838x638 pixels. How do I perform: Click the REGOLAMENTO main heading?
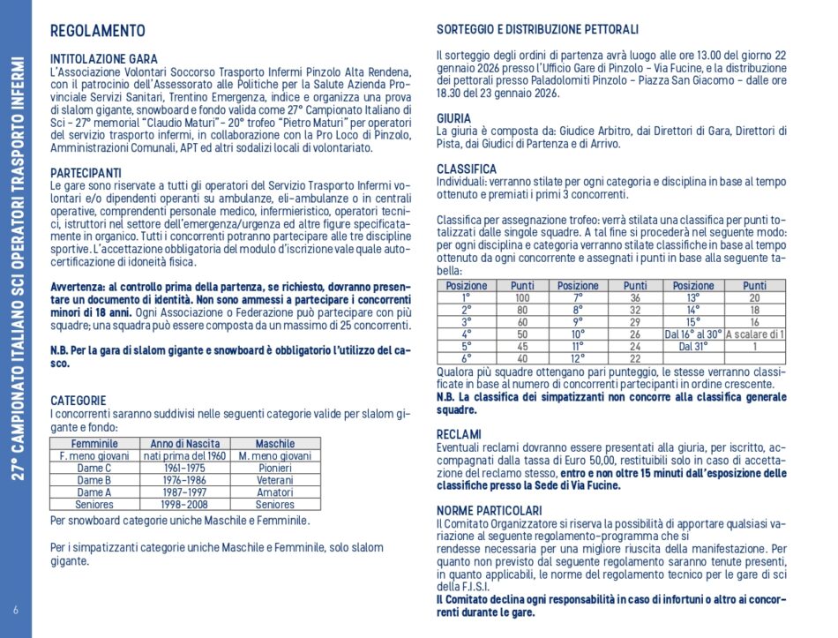[98, 32]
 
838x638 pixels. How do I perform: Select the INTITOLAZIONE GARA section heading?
[104, 60]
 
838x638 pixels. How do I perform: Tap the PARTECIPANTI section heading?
[86, 173]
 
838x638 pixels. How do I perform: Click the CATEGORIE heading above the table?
[79, 400]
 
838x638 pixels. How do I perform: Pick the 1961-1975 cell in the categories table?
[185, 468]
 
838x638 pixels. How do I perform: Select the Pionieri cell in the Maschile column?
[274, 468]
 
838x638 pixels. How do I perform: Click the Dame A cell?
[94, 492]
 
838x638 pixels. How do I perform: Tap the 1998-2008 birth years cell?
[185, 505]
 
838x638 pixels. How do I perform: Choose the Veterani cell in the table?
[274, 480]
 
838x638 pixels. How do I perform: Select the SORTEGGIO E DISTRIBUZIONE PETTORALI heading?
[537, 30]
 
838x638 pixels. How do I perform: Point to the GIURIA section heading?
[453, 117]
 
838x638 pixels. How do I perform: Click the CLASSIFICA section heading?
[467, 169]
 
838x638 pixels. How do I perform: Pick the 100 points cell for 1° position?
[522, 298]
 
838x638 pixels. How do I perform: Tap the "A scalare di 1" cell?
[754, 334]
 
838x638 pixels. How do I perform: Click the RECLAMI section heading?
[459, 434]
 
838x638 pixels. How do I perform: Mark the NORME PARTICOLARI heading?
[490, 510]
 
